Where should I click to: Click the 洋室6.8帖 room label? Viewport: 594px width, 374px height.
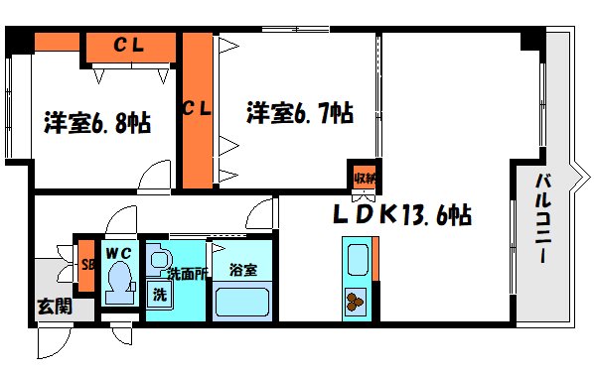tap(96, 124)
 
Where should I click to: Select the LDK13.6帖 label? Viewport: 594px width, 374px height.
tap(401, 213)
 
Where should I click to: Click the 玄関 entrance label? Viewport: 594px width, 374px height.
tap(55, 306)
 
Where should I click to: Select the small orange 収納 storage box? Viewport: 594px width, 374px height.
tap(365, 178)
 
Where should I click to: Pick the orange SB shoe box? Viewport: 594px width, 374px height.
tap(87, 266)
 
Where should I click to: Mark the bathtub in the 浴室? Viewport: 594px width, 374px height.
tap(243, 300)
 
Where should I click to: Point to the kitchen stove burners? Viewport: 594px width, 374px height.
tap(357, 298)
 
